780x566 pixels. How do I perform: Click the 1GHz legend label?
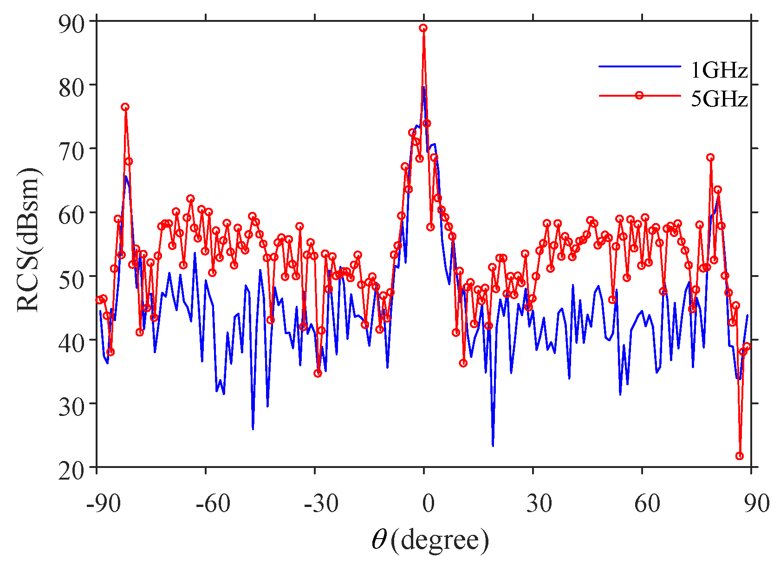click(x=719, y=70)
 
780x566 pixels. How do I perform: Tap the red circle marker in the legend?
click(x=639, y=95)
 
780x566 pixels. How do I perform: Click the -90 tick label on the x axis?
click(x=103, y=503)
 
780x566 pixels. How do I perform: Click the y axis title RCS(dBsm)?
click(x=29, y=240)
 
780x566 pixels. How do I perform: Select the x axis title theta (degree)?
click(x=430, y=540)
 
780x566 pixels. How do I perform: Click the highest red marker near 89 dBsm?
click(x=423, y=28)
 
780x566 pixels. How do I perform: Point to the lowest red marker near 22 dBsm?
click(x=740, y=456)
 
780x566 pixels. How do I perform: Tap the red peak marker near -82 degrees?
click(x=125, y=107)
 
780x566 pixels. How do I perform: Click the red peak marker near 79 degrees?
click(x=710, y=158)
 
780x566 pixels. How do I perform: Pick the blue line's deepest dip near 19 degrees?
click(x=493, y=445)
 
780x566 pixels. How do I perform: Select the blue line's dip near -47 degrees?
click(x=253, y=428)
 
